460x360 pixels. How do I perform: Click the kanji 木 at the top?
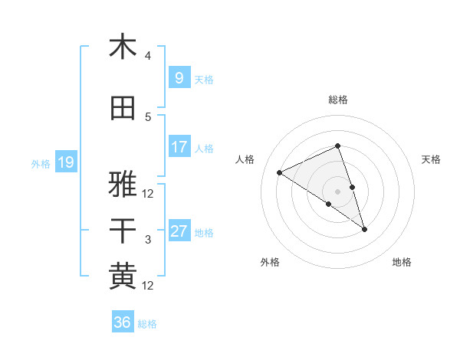(123, 47)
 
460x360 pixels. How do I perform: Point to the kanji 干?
(123, 231)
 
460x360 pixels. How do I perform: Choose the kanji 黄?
(123, 276)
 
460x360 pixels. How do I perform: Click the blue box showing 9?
(179, 78)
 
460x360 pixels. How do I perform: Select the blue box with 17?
(179, 147)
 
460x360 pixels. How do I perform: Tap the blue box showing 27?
(179, 231)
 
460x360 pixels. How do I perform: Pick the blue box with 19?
(65, 162)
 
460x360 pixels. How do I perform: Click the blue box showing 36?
(122, 322)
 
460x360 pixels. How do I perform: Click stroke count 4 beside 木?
(148, 56)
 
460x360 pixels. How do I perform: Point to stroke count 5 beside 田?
(148, 117)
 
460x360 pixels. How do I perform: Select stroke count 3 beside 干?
(148, 240)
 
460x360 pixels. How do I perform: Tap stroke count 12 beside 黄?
(149, 286)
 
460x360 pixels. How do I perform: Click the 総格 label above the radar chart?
(338, 100)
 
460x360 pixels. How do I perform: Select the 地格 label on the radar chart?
(402, 262)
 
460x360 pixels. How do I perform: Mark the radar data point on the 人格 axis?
(280, 172)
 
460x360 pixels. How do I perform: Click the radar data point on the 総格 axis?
(338, 146)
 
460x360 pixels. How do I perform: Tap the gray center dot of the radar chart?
(338, 191)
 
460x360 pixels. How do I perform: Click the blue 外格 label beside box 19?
(41, 163)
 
